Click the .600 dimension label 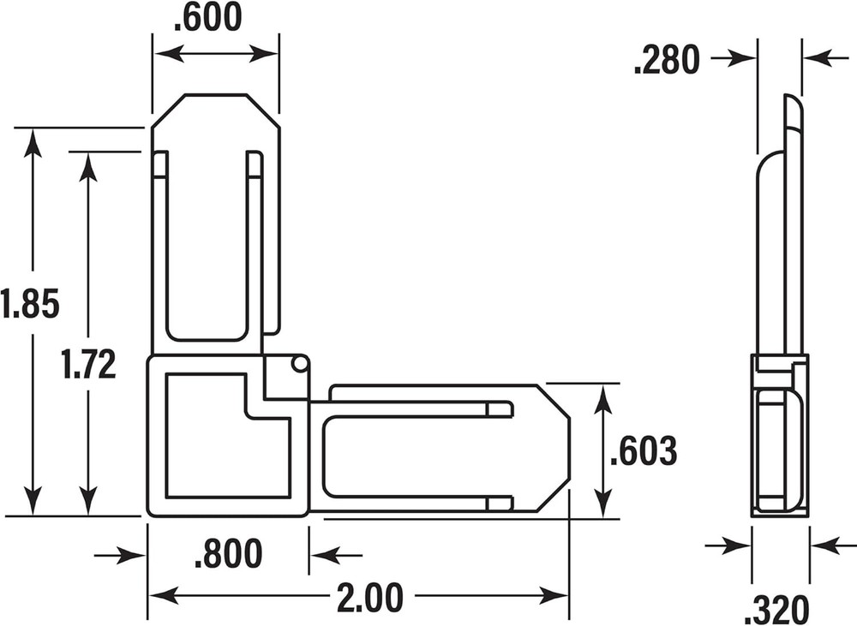coord(207,18)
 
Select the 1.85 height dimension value coord(30,303)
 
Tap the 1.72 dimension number coord(88,365)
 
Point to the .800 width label coord(228,554)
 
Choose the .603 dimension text coord(644,451)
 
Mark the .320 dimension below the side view coord(776,609)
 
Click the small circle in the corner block coord(299,364)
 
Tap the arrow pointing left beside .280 coord(818,58)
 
